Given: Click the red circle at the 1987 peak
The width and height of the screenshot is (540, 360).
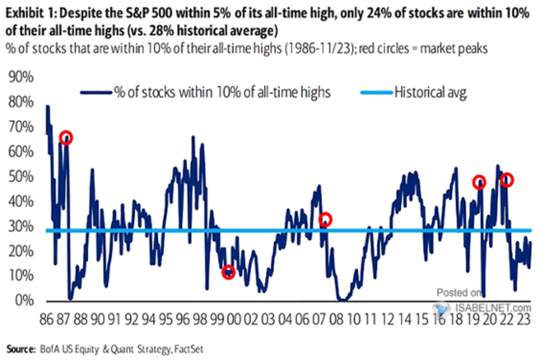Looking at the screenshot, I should tap(66, 138).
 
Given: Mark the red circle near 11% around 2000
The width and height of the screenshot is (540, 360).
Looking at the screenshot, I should tap(229, 272).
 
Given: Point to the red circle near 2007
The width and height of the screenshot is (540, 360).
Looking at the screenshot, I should tap(325, 220).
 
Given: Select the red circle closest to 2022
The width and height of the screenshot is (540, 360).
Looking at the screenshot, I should tap(507, 180).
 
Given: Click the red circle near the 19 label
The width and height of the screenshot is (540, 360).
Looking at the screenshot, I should tap(479, 182).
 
